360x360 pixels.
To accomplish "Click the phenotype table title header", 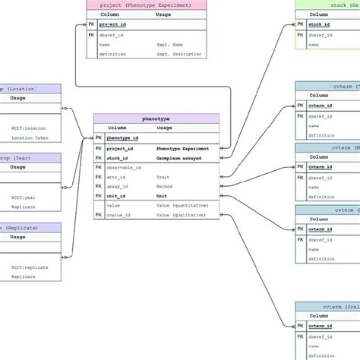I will (156, 118).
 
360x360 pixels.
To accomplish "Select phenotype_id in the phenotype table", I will (122, 138).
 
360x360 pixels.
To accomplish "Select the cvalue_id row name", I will (119, 215).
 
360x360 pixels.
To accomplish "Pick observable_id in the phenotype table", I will (124, 167).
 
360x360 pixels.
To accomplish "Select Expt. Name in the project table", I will (170, 45).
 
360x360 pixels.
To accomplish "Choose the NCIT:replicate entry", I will (27, 267).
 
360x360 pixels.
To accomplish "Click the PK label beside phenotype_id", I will (99, 138).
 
